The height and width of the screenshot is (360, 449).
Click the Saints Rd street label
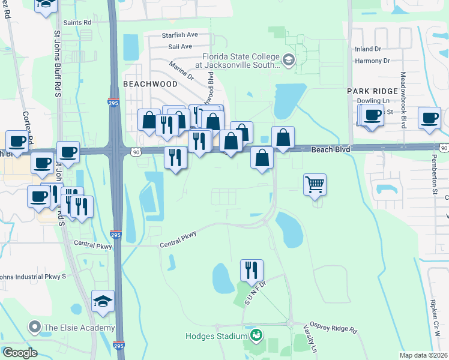79,22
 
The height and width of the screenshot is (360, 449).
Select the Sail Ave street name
180,46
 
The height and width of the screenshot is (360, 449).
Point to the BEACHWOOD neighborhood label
150,84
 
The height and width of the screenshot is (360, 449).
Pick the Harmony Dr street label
372,61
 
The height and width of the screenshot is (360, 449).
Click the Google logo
20,353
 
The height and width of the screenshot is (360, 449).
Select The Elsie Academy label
78,328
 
